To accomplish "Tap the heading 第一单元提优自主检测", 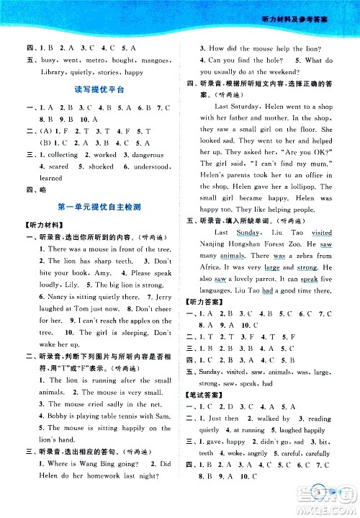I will [99, 206].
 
